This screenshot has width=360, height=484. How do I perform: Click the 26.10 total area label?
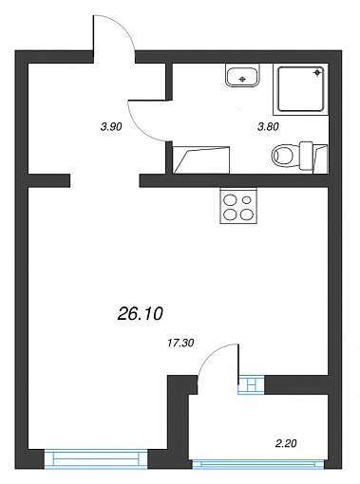click(x=140, y=314)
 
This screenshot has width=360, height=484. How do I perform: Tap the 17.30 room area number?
click(x=180, y=343)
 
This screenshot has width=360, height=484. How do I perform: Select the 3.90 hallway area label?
click(x=111, y=127)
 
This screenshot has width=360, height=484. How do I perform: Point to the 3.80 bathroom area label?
click(x=268, y=127)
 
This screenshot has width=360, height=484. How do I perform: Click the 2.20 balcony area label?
click(x=286, y=443)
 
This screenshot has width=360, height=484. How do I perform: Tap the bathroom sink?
click(x=242, y=75)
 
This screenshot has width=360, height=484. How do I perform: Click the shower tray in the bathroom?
click(x=301, y=89)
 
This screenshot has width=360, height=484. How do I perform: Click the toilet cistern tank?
click(x=307, y=157)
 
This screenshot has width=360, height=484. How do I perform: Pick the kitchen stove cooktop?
click(x=238, y=206)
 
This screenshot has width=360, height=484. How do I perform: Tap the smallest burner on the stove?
click(x=246, y=200)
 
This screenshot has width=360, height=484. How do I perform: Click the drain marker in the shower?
click(x=317, y=73)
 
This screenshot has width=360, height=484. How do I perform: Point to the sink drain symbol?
click(x=242, y=79)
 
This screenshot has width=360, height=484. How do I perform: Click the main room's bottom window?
click(x=96, y=458)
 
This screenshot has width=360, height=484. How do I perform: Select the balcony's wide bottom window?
click(x=258, y=464)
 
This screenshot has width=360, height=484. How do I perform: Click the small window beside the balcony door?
click(x=251, y=384)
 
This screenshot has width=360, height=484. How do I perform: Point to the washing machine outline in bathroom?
click(x=201, y=160)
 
